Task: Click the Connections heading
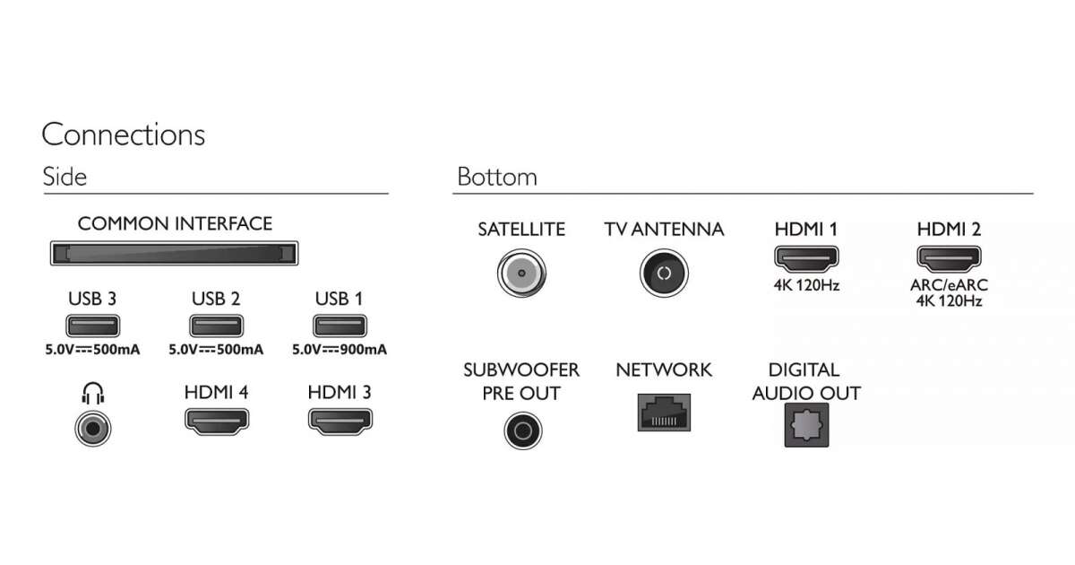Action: pos(123,135)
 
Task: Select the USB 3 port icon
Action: pos(92,326)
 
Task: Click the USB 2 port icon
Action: pos(216,326)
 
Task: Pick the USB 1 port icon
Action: pos(340,326)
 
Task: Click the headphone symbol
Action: pos(92,394)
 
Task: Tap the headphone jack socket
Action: pos(92,428)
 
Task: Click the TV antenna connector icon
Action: pos(664,273)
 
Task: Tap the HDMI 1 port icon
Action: pos(805,261)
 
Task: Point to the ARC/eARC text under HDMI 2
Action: pos(949,286)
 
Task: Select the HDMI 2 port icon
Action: pos(949,261)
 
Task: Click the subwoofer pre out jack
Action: pos(521,430)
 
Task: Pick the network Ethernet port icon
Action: pos(664,413)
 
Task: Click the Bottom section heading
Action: pos(497,177)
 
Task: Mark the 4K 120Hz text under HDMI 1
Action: pos(805,286)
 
